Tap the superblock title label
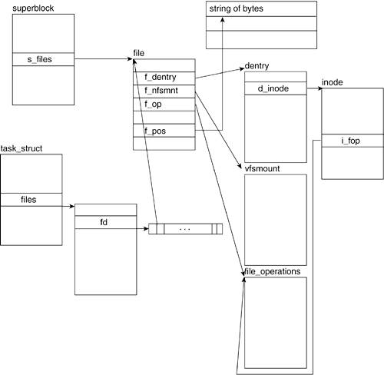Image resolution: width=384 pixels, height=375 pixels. (x=33, y=8)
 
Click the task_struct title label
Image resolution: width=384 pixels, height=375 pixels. (x=22, y=148)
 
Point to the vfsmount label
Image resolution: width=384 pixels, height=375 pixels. (x=262, y=168)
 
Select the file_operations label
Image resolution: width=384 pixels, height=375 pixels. (x=273, y=271)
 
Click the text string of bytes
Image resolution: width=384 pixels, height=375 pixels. (x=237, y=8)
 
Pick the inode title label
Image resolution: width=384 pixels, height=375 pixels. (x=333, y=82)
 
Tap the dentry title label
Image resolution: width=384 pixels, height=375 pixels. (x=257, y=66)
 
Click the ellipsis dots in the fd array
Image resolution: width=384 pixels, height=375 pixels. (x=184, y=229)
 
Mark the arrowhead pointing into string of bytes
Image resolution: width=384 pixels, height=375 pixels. (x=223, y=19)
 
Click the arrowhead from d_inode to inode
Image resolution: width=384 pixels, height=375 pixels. (x=320, y=88)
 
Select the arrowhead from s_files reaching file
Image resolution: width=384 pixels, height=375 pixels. (x=130, y=59)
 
